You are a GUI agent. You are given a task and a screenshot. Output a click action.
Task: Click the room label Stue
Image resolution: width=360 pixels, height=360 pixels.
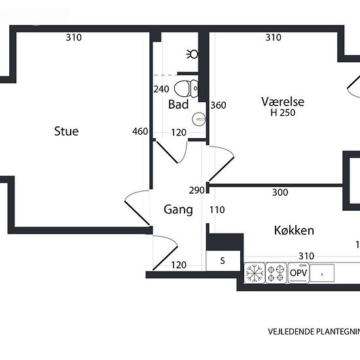coord(66,131)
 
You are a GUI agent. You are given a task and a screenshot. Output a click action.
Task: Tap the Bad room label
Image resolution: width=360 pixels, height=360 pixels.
coord(178,104)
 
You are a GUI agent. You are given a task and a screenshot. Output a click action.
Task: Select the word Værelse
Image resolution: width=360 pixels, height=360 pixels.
coord(283,101)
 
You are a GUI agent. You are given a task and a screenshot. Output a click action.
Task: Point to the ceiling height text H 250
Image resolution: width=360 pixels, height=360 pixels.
coord(283,113)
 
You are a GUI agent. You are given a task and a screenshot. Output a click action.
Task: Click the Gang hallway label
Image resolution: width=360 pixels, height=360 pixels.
coord(178,209)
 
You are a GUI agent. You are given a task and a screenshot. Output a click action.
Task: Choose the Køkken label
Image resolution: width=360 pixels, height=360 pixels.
coord(294,230)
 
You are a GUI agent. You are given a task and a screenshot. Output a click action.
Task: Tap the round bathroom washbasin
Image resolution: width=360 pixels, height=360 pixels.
coord(199,118)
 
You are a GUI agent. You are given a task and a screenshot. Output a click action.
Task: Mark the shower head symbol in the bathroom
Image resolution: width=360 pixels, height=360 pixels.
coord(192,53)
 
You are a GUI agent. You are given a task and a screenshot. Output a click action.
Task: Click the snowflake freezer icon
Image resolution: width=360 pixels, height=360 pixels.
coord(254,273)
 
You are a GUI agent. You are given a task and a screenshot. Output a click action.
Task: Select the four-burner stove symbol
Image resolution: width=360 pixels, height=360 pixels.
coord(277,273)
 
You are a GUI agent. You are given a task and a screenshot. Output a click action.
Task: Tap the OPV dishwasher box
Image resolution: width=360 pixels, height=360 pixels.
coord(298,273)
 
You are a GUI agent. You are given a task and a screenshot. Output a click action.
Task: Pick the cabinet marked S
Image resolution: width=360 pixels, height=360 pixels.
coord(222,261)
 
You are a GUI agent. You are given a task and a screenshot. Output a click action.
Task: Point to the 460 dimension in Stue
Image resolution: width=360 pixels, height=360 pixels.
coord(140,131)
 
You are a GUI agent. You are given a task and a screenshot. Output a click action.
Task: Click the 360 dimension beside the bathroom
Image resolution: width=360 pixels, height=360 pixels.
coord(218,105)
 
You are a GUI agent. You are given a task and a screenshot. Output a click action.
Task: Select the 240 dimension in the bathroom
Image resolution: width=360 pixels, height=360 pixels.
coord(161,89)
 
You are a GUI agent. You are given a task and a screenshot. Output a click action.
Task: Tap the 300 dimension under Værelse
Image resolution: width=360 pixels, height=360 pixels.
coord(280,192)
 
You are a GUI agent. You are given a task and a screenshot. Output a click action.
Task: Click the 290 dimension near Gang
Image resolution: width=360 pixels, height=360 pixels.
coord(197,190)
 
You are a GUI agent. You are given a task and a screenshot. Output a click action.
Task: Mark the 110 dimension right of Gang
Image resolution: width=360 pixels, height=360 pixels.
coord(217,209)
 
